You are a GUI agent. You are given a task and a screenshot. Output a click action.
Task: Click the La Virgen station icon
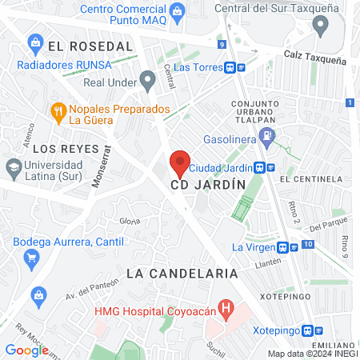pyautogui.click(x=286, y=247)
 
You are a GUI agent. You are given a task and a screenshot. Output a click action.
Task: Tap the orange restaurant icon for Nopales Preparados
pyautogui.click(x=58, y=113)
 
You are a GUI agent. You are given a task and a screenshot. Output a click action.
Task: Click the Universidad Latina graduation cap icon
pyautogui.click(x=13, y=168)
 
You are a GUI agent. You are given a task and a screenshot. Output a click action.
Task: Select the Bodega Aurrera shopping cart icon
pyautogui.click(x=32, y=258)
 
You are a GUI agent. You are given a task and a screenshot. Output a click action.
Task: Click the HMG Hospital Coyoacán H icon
pyautogui.click(x=226, y=308)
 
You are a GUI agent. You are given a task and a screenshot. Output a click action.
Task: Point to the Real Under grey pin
pyautogui.click(x=147, y=79)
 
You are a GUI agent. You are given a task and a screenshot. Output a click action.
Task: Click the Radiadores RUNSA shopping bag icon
pyautogui.click(x=34, y=42)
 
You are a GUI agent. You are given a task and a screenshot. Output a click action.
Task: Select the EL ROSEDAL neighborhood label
pyautogui.click(x=90, y=46)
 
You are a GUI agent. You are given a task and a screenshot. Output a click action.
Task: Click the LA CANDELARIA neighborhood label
pyautogui.click(x=182, y=273)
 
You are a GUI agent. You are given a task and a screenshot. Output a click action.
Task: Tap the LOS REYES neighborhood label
pyautogui.click(x=72, y=149)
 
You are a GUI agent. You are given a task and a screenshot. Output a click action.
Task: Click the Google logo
pyautogui.click(x=26, y=350)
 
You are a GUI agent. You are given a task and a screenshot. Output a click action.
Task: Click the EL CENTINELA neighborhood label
pyautogui.click(x=310, y=180)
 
